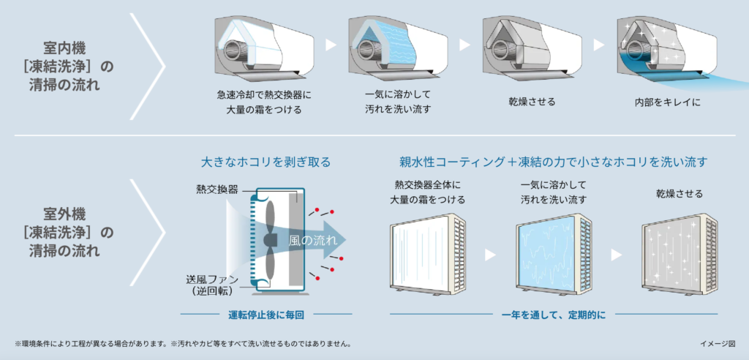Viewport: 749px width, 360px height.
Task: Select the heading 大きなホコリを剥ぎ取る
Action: pos(266,162)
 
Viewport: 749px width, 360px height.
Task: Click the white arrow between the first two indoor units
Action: pos(330,45)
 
